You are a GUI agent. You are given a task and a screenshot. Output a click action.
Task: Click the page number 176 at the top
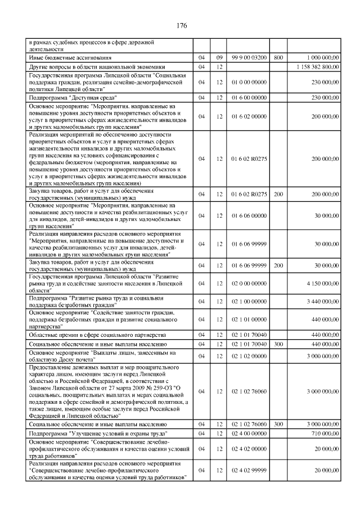tap(181, 26)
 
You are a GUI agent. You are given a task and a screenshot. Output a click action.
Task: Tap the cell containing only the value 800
tap(278, 58)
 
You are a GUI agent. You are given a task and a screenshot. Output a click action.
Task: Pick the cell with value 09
tap(220, 58)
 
